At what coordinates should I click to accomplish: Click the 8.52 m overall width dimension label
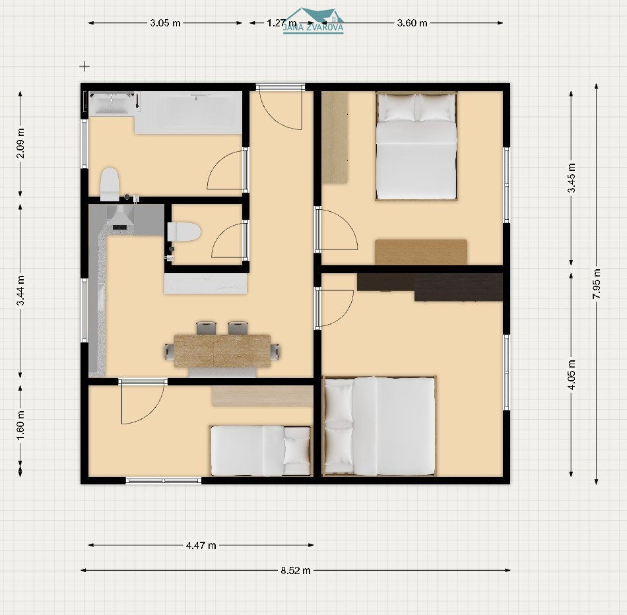point(296,571)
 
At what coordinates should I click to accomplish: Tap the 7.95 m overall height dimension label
point(597,284)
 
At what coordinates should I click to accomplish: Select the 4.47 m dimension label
point(201,546)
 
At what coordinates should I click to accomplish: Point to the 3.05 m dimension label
point(165,23)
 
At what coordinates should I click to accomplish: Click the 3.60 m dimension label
point(412,23)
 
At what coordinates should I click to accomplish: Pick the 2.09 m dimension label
point(20,143)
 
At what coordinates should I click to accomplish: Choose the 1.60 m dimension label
point(20,425)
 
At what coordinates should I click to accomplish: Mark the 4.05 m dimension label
point(572,375)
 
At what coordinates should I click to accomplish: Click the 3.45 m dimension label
point(572,178)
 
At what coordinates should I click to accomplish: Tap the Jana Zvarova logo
point(313,21)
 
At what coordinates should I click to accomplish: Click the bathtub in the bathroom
point(188,113)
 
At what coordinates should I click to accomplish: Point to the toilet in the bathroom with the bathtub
point(110,184)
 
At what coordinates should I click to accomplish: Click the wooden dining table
point(222,351)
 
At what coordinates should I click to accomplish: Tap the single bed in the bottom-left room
point(261,451)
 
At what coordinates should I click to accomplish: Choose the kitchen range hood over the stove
point(119,217)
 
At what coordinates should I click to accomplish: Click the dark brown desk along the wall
point(430,286)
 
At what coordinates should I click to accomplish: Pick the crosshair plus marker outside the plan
point(84,67)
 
